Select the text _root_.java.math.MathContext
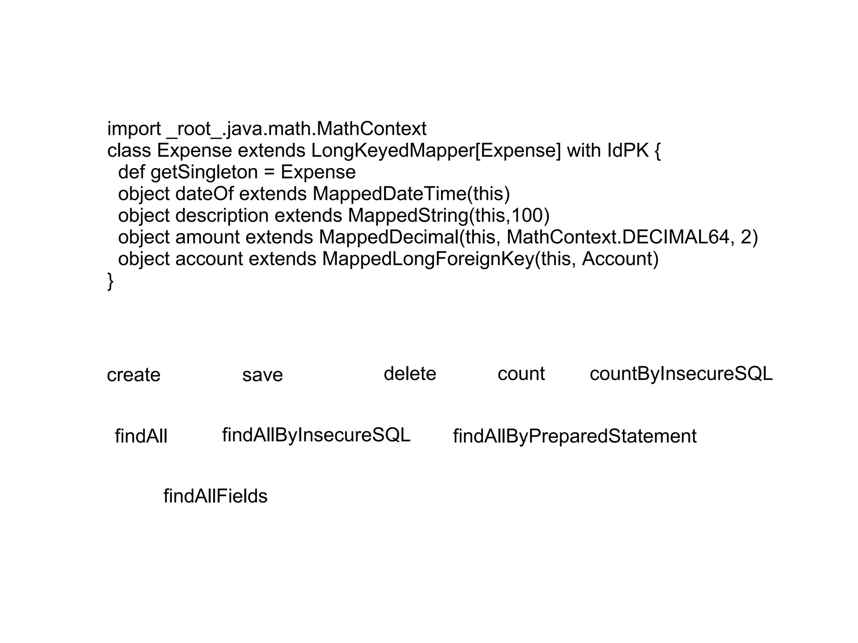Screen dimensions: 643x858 [296, 129]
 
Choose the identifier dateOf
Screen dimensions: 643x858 [204, 194]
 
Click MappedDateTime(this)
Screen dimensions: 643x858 [411, 194]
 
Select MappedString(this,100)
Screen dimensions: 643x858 [448, 216]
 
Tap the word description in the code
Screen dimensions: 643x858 [222, 216]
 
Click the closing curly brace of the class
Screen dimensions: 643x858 [110, 281]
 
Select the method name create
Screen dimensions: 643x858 [134, 375]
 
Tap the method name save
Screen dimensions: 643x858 [262, 375]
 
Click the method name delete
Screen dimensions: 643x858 [410, 374]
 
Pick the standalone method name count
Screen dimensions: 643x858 [521, 374]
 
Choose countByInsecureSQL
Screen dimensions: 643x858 [681, 374]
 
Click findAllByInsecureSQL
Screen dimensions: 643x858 [316, 435]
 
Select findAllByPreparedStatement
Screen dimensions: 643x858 [574, 436]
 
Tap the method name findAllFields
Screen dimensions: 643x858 [215, 496]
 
